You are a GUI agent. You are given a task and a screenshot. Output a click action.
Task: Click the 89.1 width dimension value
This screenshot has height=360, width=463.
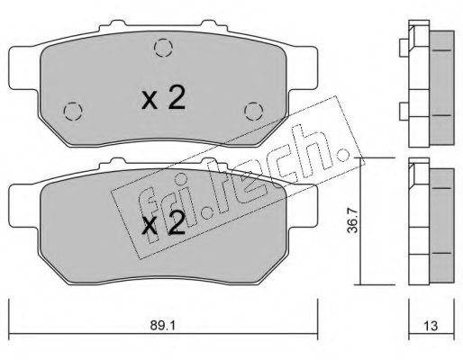click(163, 325)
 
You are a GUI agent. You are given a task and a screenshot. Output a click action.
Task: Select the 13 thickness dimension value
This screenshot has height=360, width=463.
click(431, 326)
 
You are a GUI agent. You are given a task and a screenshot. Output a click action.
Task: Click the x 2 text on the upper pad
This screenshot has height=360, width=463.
click(164, 99)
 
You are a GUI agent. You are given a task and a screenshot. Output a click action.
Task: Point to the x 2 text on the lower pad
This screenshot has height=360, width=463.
click(164, 225)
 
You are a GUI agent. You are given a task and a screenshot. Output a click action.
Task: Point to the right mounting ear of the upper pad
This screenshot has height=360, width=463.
click(302, 67)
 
